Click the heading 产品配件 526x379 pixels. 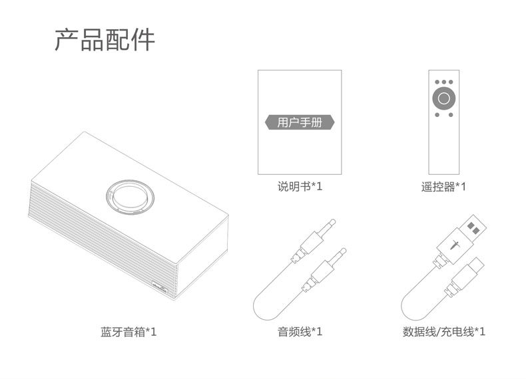coord(105,41)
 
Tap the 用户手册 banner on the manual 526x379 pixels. coord(300,122)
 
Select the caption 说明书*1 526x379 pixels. coord(300,187)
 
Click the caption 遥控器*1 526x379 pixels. coord(443,187)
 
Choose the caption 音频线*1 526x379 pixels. coord(300,330)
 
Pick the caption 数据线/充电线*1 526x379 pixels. coord(443,330)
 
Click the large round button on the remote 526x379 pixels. coord(443,99)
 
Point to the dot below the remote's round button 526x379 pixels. coord(443,115)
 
